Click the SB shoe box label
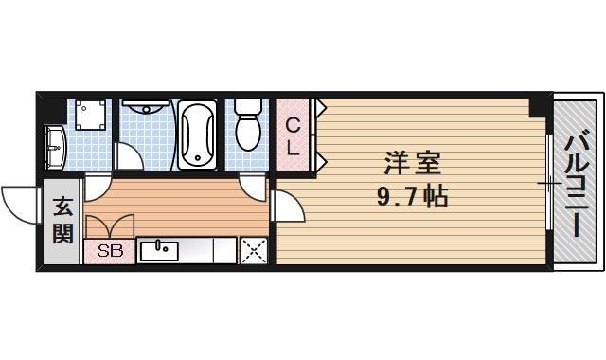tap(109, 252)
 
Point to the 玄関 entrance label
tap(62, 220)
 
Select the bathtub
tap(198, 134)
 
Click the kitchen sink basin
tap(159, 251)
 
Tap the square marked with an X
tap(253, 251)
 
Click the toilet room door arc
tap(252, 185)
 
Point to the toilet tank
tap(248, 106)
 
